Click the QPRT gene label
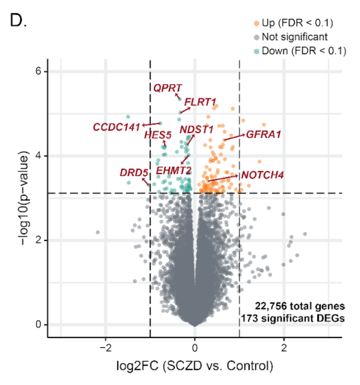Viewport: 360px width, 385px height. point(167,88)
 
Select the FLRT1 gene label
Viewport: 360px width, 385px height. point(201,102)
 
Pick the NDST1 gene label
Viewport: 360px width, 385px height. point(196,129)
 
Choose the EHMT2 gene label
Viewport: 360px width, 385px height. point(174,170)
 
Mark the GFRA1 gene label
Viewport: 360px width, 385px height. point(263,135)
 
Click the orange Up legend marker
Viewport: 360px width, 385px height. point(256,22)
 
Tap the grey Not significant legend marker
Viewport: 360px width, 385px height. point(256,37)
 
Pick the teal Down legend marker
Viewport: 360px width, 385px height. point(256,51)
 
